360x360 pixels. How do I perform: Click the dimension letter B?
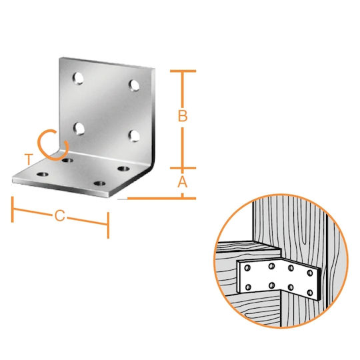click(183, 116)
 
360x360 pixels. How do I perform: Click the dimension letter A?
click(183, 182)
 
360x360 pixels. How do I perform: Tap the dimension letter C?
click(60, 216)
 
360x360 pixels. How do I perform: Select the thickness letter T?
click(29, 159)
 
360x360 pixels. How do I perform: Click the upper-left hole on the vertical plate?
click(78, 78)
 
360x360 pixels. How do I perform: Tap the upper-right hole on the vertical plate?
click(134, 85)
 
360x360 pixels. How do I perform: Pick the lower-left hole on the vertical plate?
click(79, 129)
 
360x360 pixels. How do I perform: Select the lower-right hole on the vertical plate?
click(134, 136)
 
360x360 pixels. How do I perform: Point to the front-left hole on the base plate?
click(43, 175)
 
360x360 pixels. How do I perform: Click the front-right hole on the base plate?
click(99, 183)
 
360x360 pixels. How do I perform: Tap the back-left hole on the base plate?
click(68, 160)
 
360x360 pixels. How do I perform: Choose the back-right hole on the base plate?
click(123, 169)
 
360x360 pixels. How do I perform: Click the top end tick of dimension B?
click(183, 71)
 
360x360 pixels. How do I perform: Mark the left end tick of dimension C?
click(13, 209)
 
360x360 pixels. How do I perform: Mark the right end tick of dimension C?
click(108, 225)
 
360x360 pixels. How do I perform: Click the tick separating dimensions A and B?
click(183, 168)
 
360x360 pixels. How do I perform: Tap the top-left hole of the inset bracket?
click(247, 268)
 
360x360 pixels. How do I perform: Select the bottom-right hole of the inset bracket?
click(310, 293)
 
